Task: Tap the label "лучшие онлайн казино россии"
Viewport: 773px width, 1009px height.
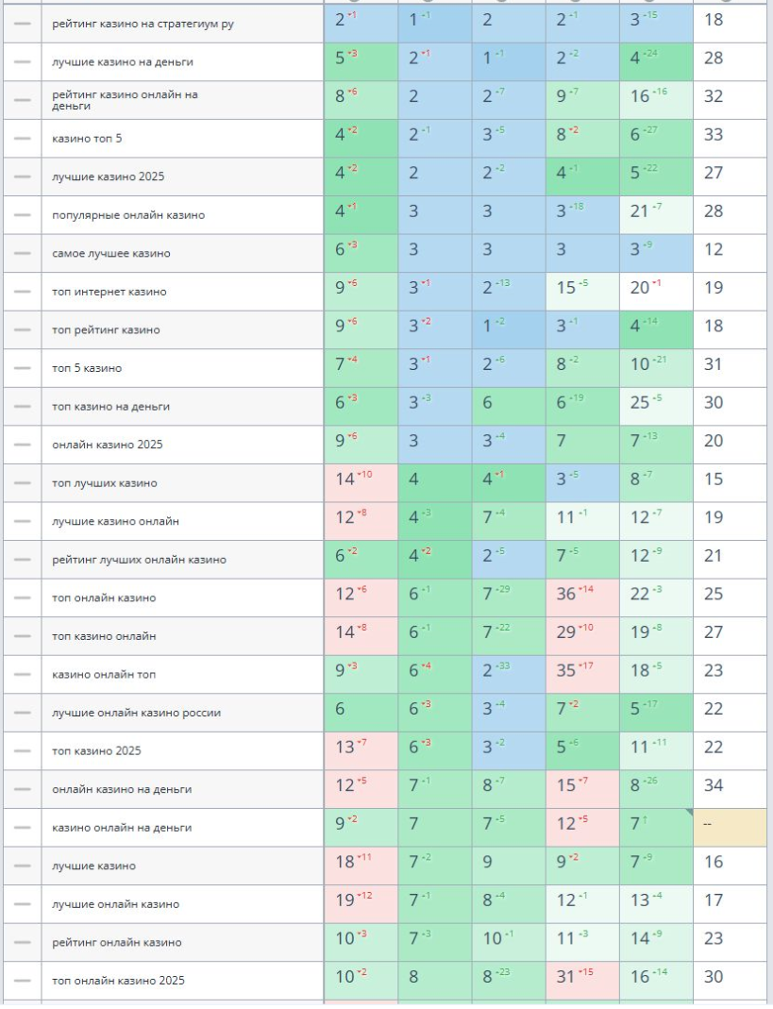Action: pos(137,713)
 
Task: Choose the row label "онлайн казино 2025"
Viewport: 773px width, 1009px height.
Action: pos(102,445)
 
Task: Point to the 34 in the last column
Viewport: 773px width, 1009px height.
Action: pos(714,789)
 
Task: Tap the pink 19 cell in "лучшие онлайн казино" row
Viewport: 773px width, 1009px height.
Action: pos(361,903)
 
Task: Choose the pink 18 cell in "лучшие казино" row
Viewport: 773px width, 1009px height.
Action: pos(361,866)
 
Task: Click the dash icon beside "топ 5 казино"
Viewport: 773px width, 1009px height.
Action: pos(22,368)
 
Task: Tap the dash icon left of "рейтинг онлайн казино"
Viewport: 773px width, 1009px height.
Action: pos(22,942)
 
